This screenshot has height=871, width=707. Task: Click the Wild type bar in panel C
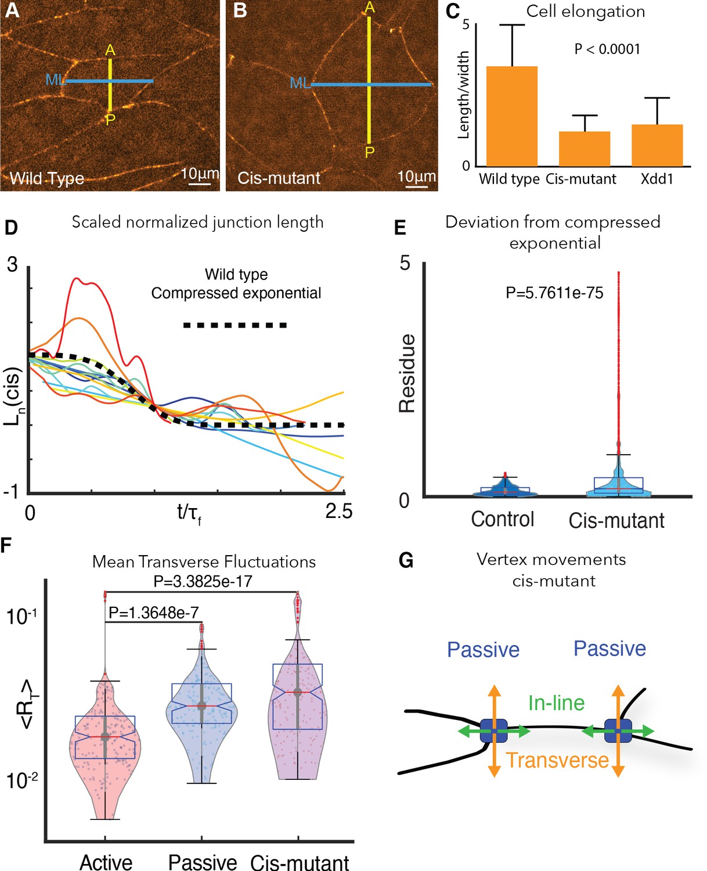(511, 116)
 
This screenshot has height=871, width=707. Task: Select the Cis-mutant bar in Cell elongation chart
(584, 149)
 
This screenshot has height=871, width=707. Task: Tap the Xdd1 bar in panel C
(657, 146)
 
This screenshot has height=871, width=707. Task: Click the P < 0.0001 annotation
(607, 49)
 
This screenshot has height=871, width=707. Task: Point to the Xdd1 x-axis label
(657, 179)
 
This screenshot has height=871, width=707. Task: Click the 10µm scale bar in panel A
(200, 185)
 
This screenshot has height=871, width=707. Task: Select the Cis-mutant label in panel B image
(279, 178)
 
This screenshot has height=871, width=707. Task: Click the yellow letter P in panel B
(370, 153)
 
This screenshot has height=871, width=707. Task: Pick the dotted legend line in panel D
(235, 325)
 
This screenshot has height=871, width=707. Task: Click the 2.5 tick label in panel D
(338, 512)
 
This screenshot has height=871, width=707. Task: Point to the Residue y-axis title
(407, 373)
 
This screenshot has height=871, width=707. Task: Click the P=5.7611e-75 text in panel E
(554, 293)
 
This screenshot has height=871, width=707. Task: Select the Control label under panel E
(502, 519)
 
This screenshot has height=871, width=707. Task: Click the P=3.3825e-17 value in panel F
(203, 581)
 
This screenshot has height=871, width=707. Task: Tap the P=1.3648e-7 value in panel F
(154, 613)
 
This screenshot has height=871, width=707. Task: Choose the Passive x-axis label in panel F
(203, 862)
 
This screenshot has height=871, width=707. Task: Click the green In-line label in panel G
(556, 703)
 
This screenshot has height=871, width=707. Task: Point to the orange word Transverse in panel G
(557, 760)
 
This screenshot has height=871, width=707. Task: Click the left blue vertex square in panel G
(494, 731)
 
